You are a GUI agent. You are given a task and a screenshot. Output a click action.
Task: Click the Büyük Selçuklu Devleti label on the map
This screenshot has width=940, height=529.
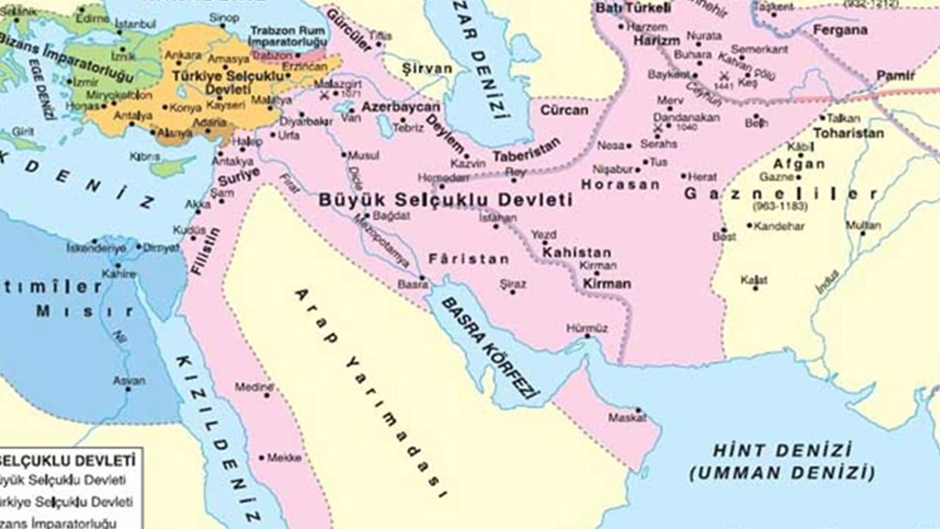click(446, 199)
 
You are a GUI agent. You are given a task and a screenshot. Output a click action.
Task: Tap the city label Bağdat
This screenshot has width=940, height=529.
click(391, 216)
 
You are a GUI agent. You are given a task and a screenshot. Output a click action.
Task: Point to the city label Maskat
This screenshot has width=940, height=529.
click(627, 417)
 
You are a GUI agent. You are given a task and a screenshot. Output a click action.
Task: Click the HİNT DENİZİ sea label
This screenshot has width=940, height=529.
click(783, 449)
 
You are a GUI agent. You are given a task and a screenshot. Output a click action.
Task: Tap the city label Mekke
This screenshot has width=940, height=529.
click(283, 458)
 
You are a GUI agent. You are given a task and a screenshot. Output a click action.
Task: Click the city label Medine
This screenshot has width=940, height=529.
click(254, 386)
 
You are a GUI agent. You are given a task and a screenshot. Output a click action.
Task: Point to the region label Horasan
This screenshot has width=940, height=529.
click(620, 184)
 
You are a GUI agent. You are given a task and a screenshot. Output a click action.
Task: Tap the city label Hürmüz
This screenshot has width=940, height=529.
click(587, 328)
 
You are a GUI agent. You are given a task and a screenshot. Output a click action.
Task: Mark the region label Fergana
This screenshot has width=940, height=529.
click(841, 30)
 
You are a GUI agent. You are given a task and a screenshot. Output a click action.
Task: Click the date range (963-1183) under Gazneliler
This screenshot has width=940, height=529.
click(778, 208)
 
